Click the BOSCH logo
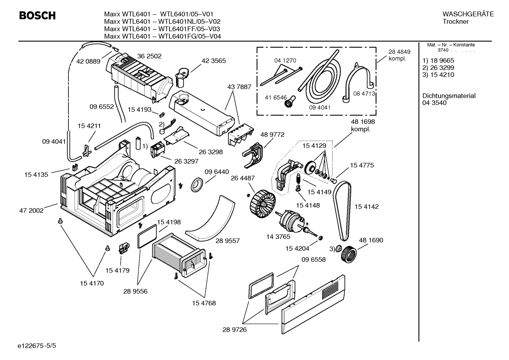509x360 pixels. (37, 16)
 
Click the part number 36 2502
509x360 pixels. (149, 56)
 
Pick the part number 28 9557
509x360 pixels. (228, 241)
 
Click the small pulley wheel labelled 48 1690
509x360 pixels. (349, 254)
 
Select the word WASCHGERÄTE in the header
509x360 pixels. (468, 14)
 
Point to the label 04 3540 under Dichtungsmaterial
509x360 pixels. (434, 103)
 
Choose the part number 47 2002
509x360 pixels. (31, 211)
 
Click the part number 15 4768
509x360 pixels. (204, 303)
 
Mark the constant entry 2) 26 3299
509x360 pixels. (438, 67)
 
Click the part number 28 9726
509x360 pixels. (234, 330)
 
